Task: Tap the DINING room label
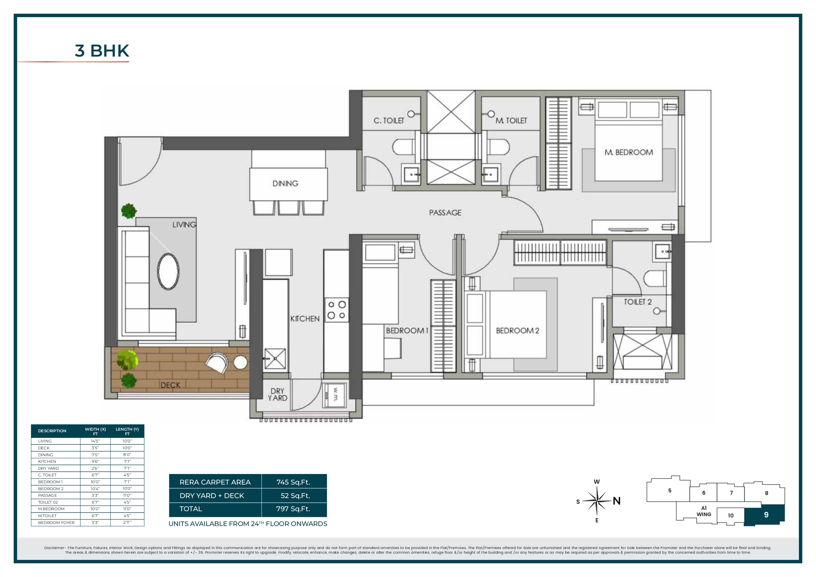(285, 184)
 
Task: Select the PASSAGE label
(445, 213)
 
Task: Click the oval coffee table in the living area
(168, 272)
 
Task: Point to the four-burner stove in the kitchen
(336, 310)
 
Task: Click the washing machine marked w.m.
(334, 395)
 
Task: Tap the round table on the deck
(240, 362)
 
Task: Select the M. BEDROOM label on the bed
(628, 152)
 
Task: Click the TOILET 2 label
(638, 302)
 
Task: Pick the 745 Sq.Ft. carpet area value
(293, 482)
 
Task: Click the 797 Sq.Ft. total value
(293, 509)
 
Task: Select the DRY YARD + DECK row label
(212, 496)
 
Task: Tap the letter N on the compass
(617, 501)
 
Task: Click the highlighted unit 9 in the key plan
(766, 515)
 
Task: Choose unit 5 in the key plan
(670, 490)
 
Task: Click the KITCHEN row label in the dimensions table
(47, 462)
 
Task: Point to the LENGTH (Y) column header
(127, 431)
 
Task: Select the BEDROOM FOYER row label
(56, 523)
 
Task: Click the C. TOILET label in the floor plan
(388, 120)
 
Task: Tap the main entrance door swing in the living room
(140, 163)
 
